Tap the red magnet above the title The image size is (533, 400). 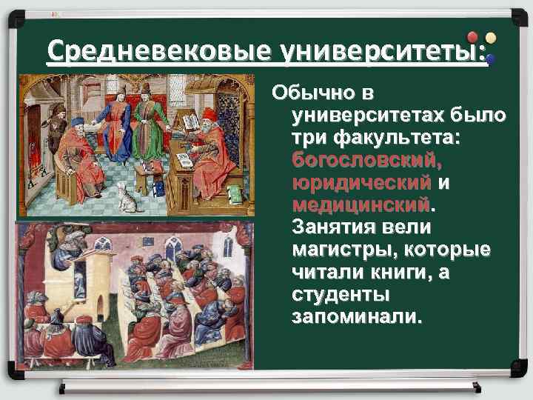[x=472, y=37]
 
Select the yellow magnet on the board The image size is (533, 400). [x=489, y=39]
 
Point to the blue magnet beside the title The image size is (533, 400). [x=490, y=58]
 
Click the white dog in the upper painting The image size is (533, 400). [x=128, y=197]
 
